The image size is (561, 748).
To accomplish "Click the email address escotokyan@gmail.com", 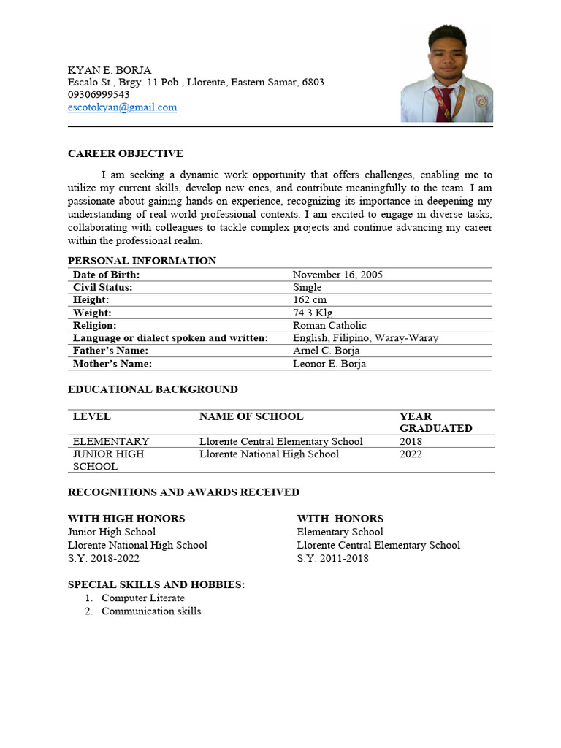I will click(x=122, y=107).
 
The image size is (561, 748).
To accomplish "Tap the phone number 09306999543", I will click(x=99, y=95).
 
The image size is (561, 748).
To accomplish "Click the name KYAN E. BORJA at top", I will click(x=110, y=70).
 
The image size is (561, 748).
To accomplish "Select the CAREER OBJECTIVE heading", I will click(x=126, y=153).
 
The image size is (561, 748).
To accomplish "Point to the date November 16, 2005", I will click(x=337, y=275).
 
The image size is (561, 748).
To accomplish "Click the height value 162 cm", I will click(x=310, y=300).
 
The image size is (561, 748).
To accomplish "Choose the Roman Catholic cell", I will click(x=329, y=325).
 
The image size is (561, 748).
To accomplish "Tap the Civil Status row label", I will click(x=103, y=287).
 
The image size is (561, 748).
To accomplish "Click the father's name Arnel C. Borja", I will click(x=327, y=351).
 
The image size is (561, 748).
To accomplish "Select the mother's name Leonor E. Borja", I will click(x=329, y=364).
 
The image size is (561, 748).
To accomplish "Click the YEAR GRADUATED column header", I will click(x=435, y=422).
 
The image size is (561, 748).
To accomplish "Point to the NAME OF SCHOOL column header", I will click(x=251, y=416).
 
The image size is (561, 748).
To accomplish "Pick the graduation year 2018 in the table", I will click(x=411, y=441).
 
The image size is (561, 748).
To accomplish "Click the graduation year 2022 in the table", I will click(x=411, y=454).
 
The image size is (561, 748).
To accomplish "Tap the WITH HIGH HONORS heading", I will click(x=126, y=519).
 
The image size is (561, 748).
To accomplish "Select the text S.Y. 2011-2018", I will click(x=332, y=558).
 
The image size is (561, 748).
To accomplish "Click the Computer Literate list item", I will click(x=143, y=598).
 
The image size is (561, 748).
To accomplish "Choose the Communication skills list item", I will click(x=151, y=611).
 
